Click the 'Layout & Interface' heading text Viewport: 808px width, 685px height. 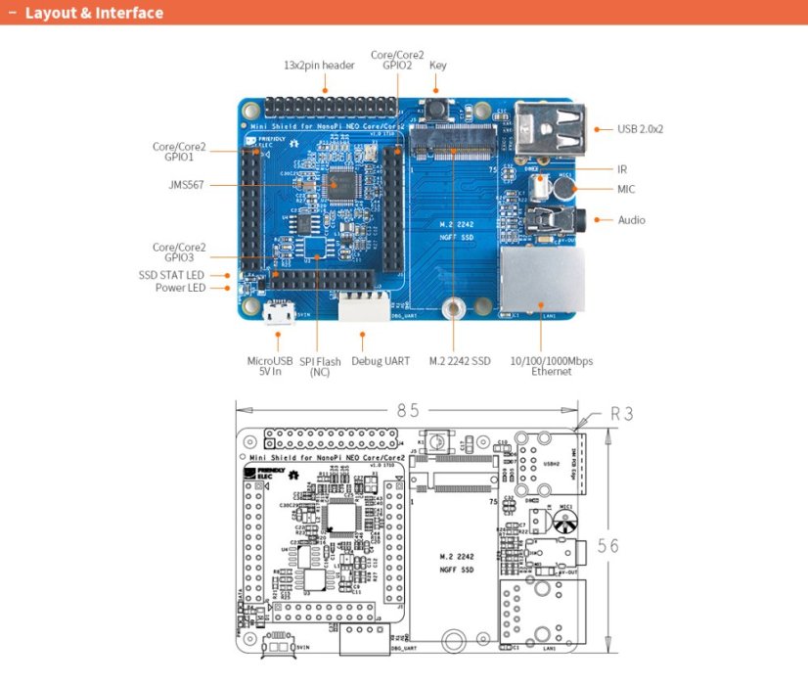pos(94,14)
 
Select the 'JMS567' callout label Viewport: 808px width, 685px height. pos(185,184)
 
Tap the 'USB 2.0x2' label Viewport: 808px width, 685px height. pos(641,128)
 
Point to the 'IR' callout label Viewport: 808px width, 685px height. pos(622,169)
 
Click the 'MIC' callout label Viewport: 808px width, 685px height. pos(626,189)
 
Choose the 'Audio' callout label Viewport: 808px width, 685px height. pos(631,220)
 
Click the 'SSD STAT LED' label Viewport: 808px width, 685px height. pos(172,275)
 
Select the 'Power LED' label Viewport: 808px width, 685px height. pos(180,288)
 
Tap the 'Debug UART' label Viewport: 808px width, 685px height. pos(381,361)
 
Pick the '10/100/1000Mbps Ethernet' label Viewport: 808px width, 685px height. pos(551,366)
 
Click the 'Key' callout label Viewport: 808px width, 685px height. pos(437,66)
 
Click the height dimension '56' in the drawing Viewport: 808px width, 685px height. pos(607,545)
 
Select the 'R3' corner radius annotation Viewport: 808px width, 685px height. pos(621,414)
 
